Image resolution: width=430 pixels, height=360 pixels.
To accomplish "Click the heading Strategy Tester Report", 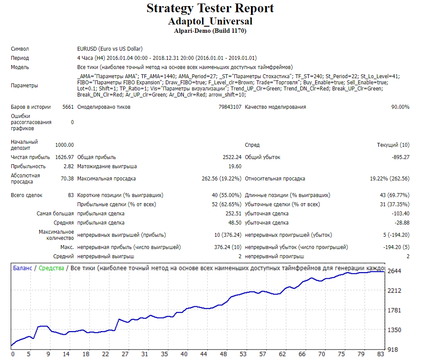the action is tap(210, 8).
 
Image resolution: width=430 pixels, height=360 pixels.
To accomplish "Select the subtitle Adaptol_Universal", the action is tap(210, 21).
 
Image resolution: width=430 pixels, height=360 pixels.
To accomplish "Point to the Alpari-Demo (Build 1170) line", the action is tap(210, 31).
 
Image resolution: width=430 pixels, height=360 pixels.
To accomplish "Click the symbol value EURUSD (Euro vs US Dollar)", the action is tap(110, 49).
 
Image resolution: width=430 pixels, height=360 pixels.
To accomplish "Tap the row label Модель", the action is tap(20, 67).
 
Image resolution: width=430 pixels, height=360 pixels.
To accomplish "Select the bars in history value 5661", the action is tap(68, 107).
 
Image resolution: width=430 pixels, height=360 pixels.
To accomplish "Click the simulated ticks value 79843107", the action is tap(230, 107).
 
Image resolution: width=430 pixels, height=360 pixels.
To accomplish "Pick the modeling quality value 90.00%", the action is tap(400, 107).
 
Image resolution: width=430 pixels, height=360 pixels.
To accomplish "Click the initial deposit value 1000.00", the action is tap(65, 145).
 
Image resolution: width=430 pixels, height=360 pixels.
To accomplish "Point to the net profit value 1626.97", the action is tap(65, 157).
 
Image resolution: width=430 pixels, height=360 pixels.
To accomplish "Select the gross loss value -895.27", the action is tap(400, 157).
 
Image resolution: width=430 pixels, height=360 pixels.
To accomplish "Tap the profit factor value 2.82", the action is tap(69, 166).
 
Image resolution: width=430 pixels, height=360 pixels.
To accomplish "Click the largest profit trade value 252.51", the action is tap(234, 214).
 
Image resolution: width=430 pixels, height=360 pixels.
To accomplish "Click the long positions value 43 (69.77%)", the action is tap(395, 195).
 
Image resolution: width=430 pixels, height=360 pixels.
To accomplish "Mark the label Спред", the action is tap(252, 145).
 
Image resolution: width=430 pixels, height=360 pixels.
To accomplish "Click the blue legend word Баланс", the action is tap(23, 268).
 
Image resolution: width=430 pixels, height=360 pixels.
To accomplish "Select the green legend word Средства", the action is tap(51, 268).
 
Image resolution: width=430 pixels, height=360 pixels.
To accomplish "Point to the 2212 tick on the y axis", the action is tap(394, 291).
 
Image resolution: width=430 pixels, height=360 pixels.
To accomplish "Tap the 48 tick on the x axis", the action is tap(223, 354).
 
